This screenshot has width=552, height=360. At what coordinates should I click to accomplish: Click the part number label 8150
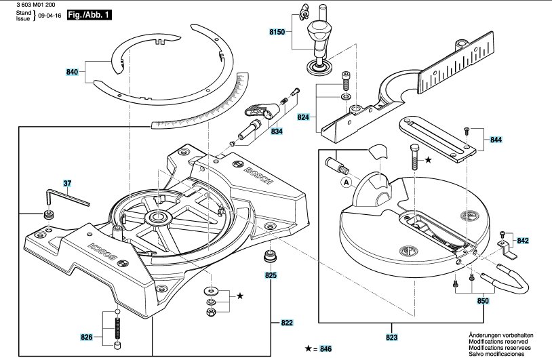pos(277,32)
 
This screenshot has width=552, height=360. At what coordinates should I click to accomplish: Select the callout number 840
pos(72,72)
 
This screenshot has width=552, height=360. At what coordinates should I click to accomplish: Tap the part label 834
pos(277,132)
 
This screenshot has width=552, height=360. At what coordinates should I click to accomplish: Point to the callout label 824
pos(303,117)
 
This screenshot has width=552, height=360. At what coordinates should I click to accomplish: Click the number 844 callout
pos(496,140)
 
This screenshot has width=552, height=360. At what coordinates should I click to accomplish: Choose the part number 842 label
pos(523,241)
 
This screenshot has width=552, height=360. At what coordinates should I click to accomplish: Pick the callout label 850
pos(483,301)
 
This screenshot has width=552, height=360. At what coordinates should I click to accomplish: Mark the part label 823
pos(391,338)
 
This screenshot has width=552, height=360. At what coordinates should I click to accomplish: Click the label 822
pos(287,323)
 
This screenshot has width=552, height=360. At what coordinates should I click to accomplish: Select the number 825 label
pos(271,275)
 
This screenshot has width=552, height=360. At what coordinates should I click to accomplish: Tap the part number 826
pos(87,337)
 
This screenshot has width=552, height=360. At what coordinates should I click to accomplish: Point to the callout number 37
pos(67,183)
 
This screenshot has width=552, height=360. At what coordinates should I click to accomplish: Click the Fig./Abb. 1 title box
pos(90,15)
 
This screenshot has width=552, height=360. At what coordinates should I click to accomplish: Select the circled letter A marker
pos(347,182)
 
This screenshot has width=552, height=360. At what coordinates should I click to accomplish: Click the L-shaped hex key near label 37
pos(66,197)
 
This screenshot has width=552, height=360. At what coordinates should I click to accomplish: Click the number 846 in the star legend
pos(326,348)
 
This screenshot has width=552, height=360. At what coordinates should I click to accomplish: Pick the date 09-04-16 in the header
pos(50,16)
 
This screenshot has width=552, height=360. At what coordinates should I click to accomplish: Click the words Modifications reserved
pos(498,341)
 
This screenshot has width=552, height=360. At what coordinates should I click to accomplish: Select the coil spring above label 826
pos(117,329)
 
